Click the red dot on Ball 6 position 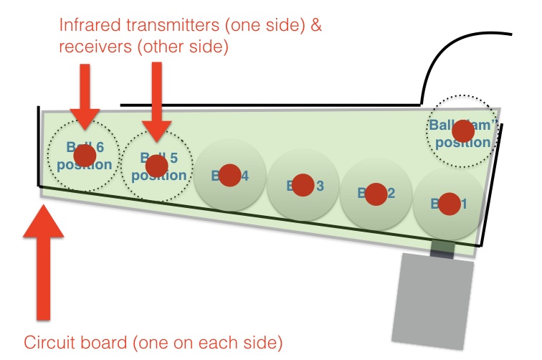click(x=85, y=156)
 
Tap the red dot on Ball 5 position click(x=156, y=166)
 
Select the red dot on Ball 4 click(x=229, y=175)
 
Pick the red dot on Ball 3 click(x=303, y=185)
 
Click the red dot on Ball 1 click(x=450, y=204)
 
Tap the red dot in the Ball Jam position click(x=462, y=131)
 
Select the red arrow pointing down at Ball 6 click(x=85, y=93)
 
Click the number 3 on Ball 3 click(x=320, y=186)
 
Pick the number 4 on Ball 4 click(x=246, y=176)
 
